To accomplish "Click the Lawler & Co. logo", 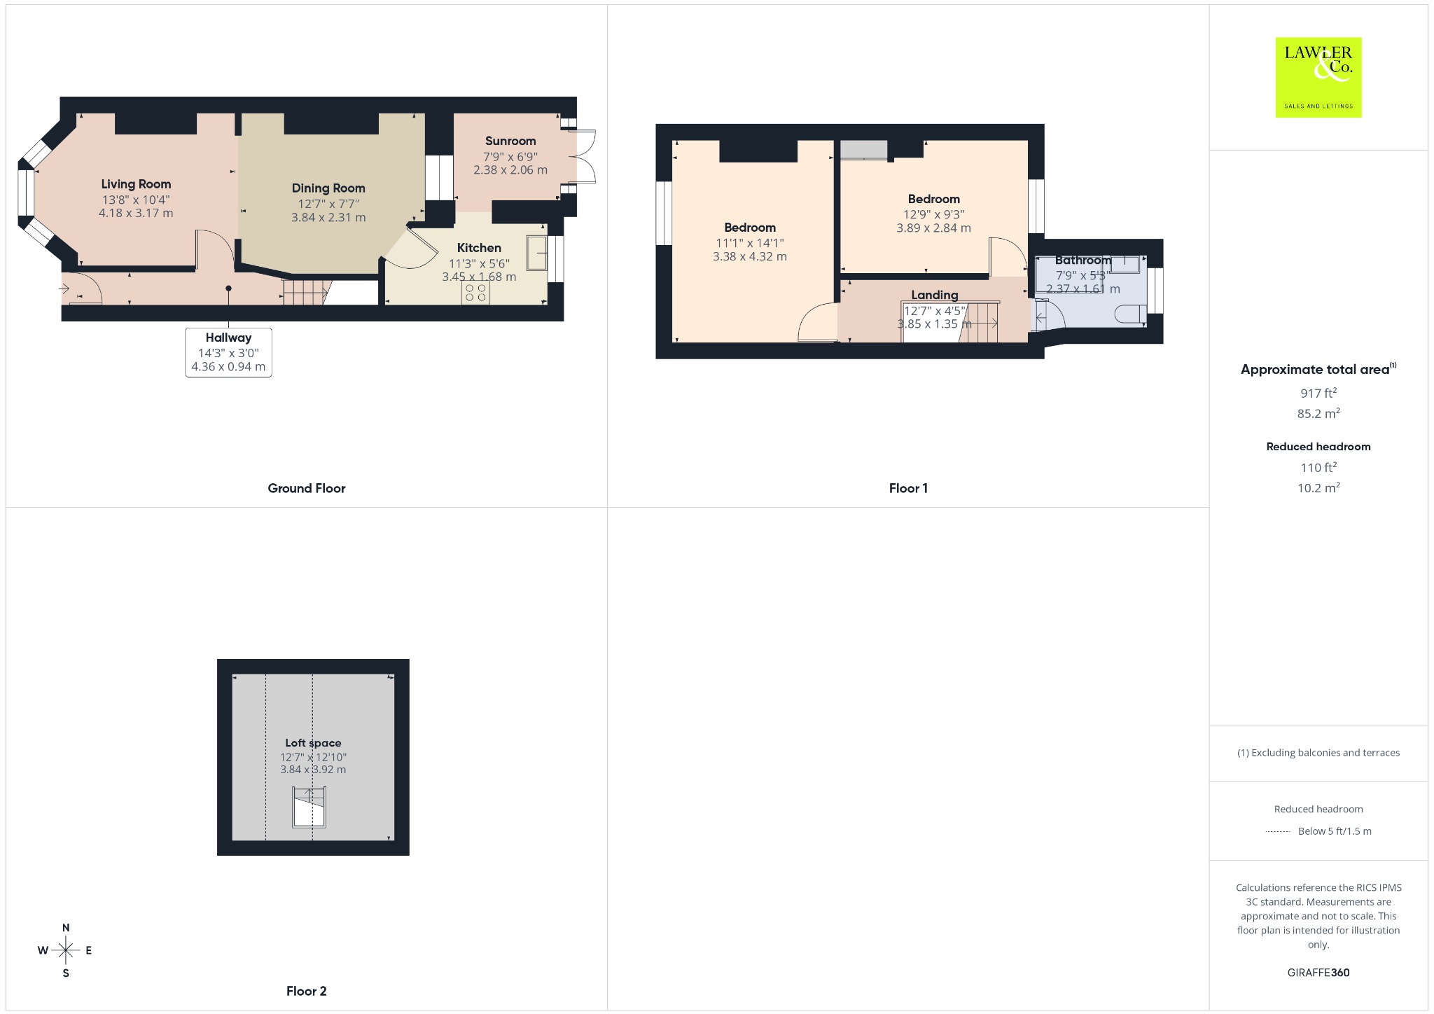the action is click(x=1318, y=77).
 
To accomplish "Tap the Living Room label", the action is click(x=136, y=184).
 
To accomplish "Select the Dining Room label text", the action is click(x=328, y=188).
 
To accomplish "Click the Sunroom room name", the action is click(x=510, y=141).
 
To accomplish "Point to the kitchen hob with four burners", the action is click(x=475, y=292).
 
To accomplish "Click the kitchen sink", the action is click(x=537, y=252).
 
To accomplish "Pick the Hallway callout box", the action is click(x=228, y=352).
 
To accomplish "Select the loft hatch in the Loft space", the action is click(x=309, y=807).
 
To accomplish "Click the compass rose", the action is click(x=66, y=950).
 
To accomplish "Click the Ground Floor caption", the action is click(x=307, y=489).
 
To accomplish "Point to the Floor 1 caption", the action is click(x=908, y=489).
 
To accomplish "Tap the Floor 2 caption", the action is click(x=307, y=991).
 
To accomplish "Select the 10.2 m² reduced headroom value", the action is click(x=1318, y=487).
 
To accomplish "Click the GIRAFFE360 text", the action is click(x=1318, y=973).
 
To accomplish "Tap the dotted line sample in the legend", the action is click(x=1278, y=832).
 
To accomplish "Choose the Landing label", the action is click(x=935, y=295).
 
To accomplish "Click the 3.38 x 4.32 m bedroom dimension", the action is click(x=750, y=257).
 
